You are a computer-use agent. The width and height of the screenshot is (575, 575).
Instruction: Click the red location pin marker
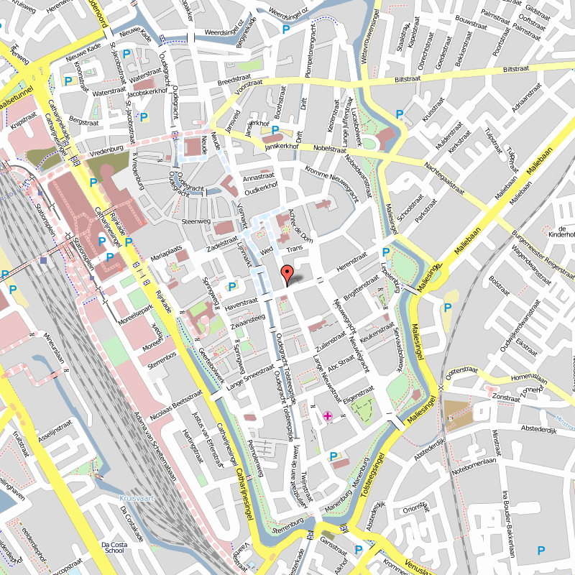point(286,274)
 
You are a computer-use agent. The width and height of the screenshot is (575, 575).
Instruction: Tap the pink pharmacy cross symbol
point(328,415)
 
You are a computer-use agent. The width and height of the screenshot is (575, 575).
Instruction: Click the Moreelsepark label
point(134,317)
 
